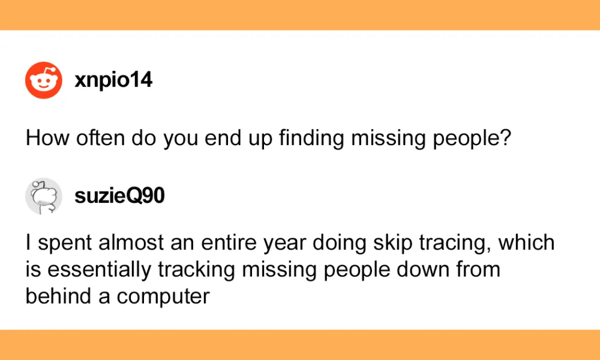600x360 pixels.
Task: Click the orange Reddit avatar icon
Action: [x=44, y=80]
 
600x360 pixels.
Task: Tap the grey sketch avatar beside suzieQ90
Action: [x=44, y=196]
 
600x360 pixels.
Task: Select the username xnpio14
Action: [x=113, y=81]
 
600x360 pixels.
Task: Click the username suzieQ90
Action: [x=120, y=196]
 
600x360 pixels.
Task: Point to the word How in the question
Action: [x=48, y=138]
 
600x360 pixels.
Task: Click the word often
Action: [x=101, y=138]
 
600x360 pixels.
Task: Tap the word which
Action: [x=526, y=242]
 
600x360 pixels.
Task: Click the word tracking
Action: [x=196, y=270]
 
